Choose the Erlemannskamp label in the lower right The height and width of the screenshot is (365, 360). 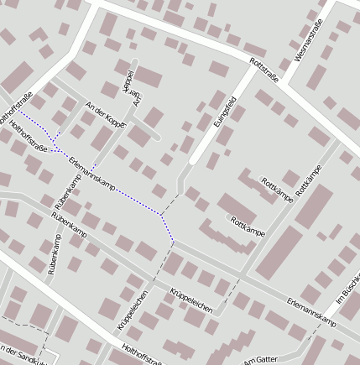[310, 312]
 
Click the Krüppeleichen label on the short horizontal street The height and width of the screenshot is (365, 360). [191, 300]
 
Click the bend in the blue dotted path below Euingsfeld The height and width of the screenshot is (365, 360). [162, 216]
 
